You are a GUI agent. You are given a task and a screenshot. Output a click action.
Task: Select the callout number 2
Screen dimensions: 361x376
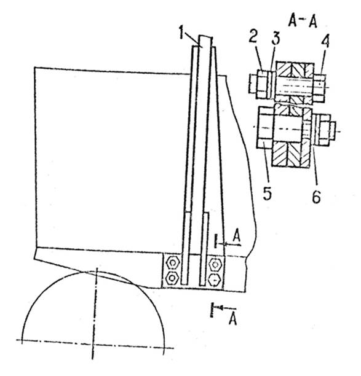coord(253,36)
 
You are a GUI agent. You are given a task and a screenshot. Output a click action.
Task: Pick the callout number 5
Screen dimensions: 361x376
coord(267,193)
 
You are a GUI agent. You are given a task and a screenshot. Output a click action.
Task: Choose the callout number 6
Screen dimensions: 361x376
coord(316,196)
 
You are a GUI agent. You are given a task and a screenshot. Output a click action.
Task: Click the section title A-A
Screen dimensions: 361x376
coord(303,22)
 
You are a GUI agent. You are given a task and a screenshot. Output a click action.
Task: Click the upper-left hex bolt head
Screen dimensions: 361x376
coord(172,264)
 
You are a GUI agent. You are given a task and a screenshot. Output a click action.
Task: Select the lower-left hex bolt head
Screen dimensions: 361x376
coord(172,278)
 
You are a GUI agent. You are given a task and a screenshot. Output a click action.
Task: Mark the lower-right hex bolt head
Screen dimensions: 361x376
coord(215,280)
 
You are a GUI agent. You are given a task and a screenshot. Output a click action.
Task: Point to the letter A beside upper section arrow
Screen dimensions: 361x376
coord(237,235)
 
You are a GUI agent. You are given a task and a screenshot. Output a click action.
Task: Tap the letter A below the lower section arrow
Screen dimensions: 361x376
coord(233,319)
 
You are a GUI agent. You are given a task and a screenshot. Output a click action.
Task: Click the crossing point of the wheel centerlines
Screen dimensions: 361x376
coord(94,343)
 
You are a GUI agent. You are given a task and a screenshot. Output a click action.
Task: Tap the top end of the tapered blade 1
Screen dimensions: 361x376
coord(205,36)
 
